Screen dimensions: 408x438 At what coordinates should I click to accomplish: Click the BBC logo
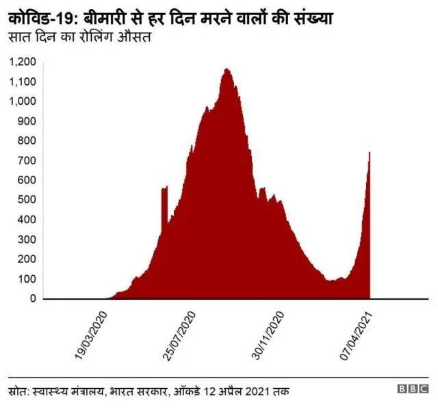click(413, 389)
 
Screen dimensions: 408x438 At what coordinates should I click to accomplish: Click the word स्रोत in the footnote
click(21, 390)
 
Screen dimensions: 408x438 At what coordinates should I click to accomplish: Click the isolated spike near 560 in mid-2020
click(164, 188)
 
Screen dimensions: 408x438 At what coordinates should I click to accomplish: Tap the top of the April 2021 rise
click(370, 153)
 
